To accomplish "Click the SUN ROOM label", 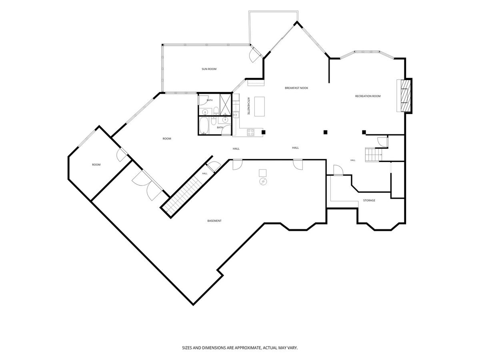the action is [209, 69].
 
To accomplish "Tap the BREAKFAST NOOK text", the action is [296, 88].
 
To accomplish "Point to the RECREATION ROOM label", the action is [368, 96].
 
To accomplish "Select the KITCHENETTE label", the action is [248, 106].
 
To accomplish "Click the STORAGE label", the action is [369, 200].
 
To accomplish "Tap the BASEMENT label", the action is [214, 221].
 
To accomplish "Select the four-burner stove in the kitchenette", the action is [251, 132].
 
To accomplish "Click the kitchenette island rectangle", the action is [259, 107].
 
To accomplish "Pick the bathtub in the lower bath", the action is [204, 126].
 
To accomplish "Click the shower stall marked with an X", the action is [226, 104].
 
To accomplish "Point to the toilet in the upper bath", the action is [216, 111].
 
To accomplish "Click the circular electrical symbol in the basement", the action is [263, 182].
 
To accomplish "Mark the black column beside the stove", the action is [264, 132].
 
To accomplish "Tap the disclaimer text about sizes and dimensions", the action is [240, 348].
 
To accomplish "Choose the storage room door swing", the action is [338, 170].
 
